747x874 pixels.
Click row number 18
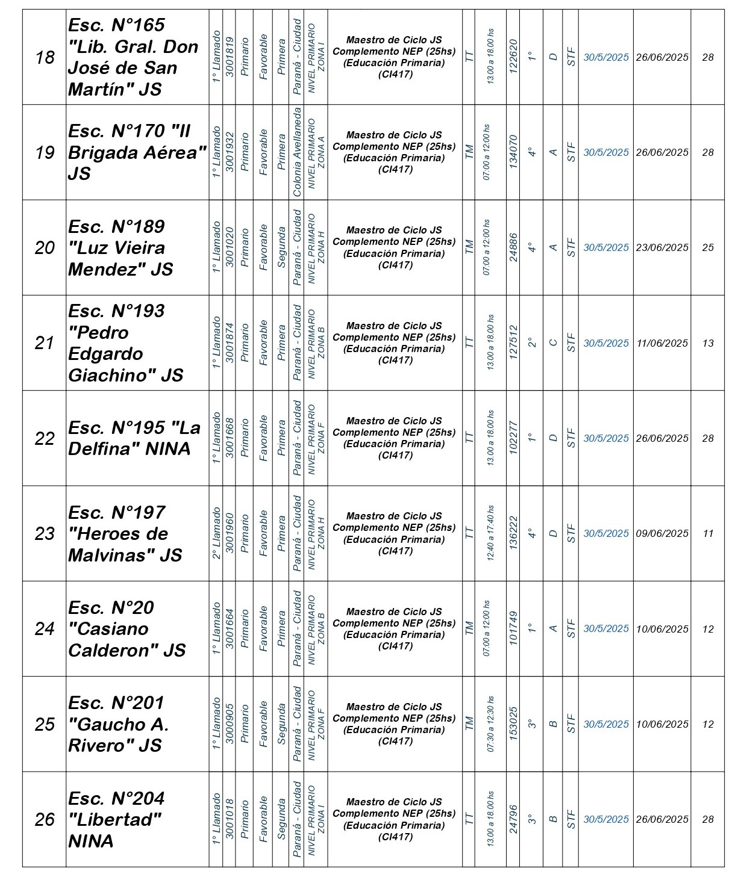point(45,57)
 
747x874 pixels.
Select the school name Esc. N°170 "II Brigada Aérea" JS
point(137,152)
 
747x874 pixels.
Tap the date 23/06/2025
point(662,247)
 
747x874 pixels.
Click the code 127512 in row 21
point(513,343)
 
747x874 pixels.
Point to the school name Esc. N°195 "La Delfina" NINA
point(134,438)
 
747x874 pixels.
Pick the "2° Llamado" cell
point(216,533)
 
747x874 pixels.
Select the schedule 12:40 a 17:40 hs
point(490,533)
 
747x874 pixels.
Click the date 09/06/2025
point(662,533)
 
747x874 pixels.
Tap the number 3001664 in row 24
point(230,628)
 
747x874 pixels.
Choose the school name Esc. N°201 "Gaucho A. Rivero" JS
point(118,724)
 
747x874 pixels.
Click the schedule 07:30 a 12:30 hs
point(490,724)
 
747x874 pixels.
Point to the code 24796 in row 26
point(513,819)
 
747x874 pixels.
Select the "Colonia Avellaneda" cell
point(297,152)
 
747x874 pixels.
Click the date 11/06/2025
point(662,343)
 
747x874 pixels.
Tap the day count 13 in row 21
point(708,343)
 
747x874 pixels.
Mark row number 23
point(45,533)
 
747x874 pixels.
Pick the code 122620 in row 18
point(513,57)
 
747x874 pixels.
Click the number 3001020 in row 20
point(230,247)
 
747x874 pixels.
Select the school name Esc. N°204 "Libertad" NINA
point(116,819)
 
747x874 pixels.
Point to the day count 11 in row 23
point(708,533)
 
